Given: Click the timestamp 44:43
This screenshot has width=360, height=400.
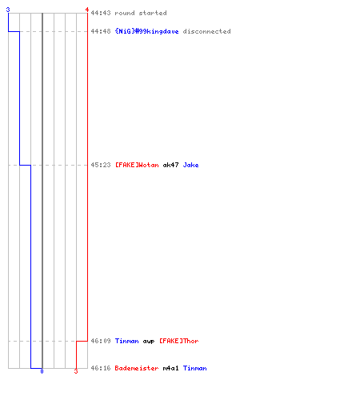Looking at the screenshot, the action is [x=101, y=13].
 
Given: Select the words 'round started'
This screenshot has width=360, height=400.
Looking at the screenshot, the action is [x=141, y=13].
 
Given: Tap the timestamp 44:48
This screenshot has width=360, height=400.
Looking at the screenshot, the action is [x=101, y=31].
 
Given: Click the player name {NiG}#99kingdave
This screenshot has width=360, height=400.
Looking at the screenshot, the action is [x=146, y=31].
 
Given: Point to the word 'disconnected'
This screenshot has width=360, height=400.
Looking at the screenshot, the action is [x=206, y=31].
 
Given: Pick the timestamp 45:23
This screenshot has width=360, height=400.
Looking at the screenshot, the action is [x=101, y=165].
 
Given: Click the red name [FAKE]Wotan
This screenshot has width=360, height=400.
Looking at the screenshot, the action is [x=137, y=165].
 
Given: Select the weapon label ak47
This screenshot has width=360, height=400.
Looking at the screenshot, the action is [x=170, y=165].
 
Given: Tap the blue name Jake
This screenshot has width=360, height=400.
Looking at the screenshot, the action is [x=190, y=165].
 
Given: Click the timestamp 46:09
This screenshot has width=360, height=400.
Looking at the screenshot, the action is [x=101, y=341].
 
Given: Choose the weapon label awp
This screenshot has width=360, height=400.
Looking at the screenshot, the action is [x=149, y=342].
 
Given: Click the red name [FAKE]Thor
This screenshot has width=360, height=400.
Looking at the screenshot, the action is [x=179, y=341].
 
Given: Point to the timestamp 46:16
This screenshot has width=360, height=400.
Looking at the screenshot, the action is [x=101, y=368].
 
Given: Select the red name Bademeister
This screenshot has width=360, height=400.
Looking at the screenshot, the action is [x=137, y=368].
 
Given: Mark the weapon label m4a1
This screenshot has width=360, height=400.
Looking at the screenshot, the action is [x=170, y=368].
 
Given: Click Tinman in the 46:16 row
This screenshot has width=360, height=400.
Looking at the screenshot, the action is [x=194, y=368].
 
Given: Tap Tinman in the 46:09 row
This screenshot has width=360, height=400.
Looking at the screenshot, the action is [x=126, y=341].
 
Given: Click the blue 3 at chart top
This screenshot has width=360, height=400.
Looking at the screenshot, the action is [x=8, y=10].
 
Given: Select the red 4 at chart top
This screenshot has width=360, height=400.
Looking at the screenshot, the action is [x=87, y=10].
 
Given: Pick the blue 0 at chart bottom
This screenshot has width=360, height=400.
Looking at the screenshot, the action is [x=42, y=371].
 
